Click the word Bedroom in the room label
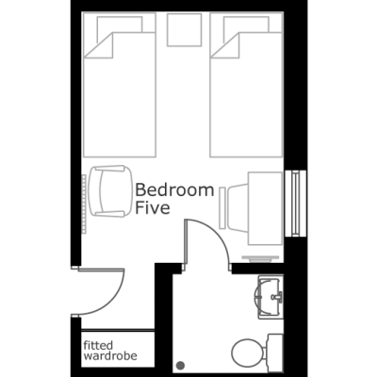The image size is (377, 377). click(174, 190)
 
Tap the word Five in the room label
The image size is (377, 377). click(153, 207)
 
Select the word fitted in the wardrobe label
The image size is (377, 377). click(98, 345)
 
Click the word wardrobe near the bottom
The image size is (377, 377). click(110, 356)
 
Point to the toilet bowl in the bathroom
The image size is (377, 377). click(247, 352)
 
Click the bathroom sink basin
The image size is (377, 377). click(269, 296)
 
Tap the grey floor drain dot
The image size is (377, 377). click(181, 366)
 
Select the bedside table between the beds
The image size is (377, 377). click(184, 29)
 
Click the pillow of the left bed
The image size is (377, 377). click(120, 25)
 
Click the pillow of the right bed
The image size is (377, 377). click(246, 25)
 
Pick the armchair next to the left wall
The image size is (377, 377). click(110, 191)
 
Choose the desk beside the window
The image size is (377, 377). click(265, 208)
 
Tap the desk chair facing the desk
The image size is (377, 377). click(238, 208)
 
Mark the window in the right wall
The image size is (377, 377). click(296, 204)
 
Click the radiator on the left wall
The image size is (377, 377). click(84, 204)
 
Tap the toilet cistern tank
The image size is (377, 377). click(274, 352)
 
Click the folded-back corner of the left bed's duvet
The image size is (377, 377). click(99, 45)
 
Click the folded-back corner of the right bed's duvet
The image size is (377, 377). click(225, 45)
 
